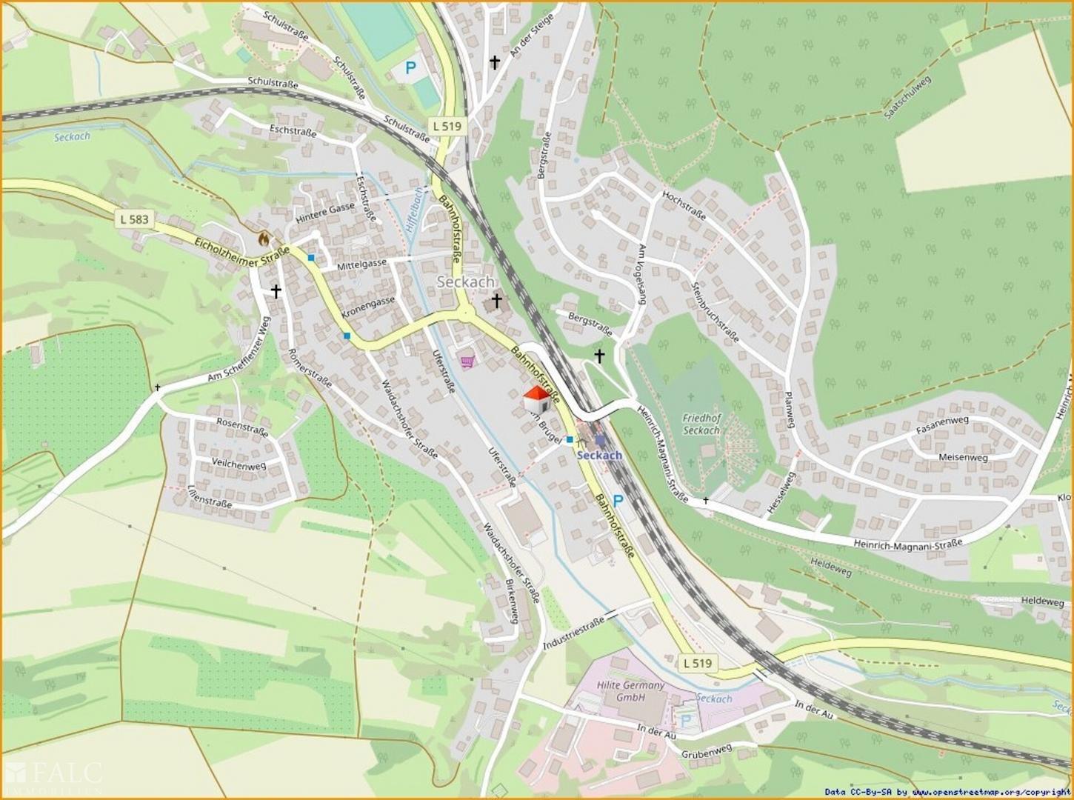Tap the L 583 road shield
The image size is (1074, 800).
pos(133,219)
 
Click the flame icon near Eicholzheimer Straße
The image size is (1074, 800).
pos(263,239)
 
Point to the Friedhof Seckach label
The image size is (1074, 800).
pos(701,424)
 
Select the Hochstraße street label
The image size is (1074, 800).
pos(684,206)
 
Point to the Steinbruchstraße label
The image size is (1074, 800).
pos(715,311)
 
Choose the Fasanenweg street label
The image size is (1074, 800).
pos(942,425)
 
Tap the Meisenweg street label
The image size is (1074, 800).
pos(963,457)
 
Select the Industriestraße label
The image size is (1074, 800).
pos(574,631)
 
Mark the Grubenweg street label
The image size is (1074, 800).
pos(707,752)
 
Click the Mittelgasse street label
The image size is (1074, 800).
pos(362,264)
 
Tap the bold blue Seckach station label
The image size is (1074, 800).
pos(598,455)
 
